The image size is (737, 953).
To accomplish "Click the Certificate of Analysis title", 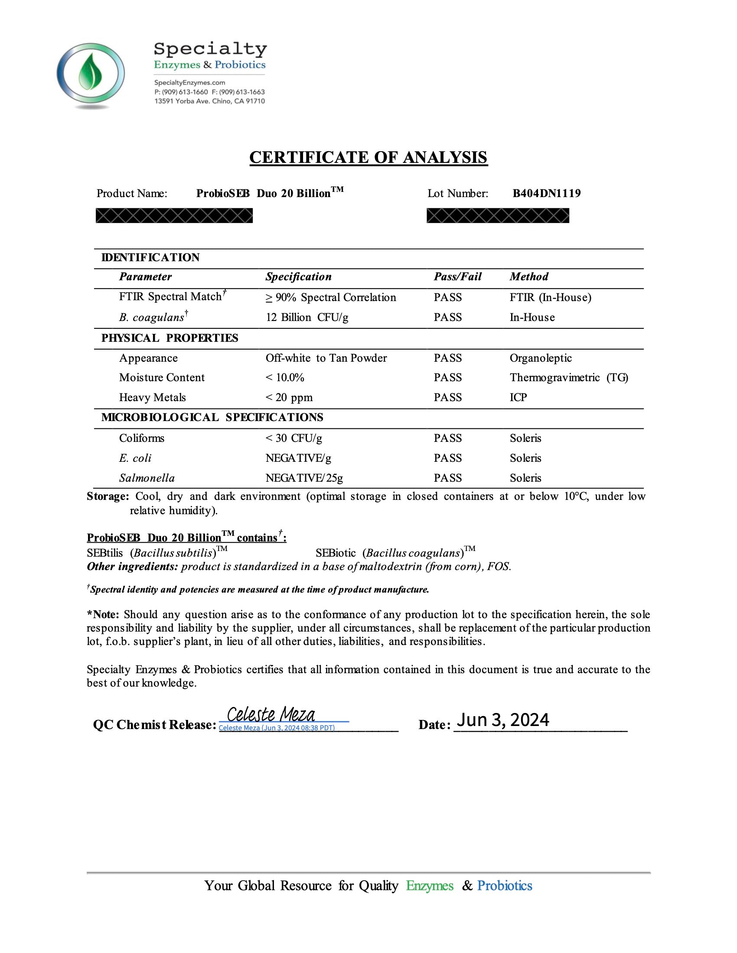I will click(x=368, y=157).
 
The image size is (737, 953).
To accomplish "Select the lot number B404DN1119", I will click(x=546, y=193).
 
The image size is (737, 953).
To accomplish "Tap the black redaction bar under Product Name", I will click(x=174, y=216).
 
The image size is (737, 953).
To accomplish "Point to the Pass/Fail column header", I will click(x=457, y=277).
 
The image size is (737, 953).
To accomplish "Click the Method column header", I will click(x=529, y=277).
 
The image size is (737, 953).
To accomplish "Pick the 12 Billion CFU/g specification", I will click(x=307, y=317).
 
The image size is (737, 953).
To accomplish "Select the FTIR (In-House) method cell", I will click(x=550, y=297).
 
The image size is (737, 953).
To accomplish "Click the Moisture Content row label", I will click(x=162, y=377).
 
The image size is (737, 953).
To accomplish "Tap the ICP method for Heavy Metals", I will click(x=518, y=398).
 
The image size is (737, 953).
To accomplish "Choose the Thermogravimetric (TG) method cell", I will click(x=568, y=377).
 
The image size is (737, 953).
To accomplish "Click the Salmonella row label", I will click(x=147, y=478).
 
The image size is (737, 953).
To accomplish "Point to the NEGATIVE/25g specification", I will click(x=304, y=478).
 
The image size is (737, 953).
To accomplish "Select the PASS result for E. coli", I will click(x=447, y=458).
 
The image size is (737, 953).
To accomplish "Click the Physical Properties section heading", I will click(x=170, y=338).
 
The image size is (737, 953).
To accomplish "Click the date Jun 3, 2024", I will click(x=502, y=720).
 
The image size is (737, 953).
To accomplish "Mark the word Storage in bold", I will click(x=108, y=496).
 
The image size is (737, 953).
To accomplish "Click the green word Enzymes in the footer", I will click(x=430, y=885).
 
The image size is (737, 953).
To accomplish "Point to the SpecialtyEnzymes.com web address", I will click(x=189, y=82).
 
